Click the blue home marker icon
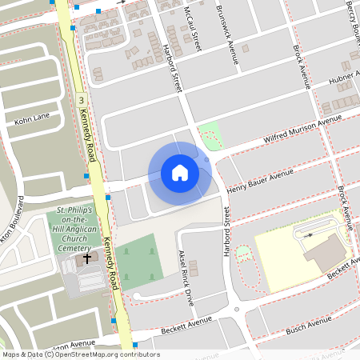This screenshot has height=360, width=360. (180, 172)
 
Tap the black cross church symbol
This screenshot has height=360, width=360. (86, 261)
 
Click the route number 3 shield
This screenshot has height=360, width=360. (82, 100)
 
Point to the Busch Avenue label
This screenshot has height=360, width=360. (308, 322)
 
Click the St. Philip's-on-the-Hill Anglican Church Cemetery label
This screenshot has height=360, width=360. (70, 230)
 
